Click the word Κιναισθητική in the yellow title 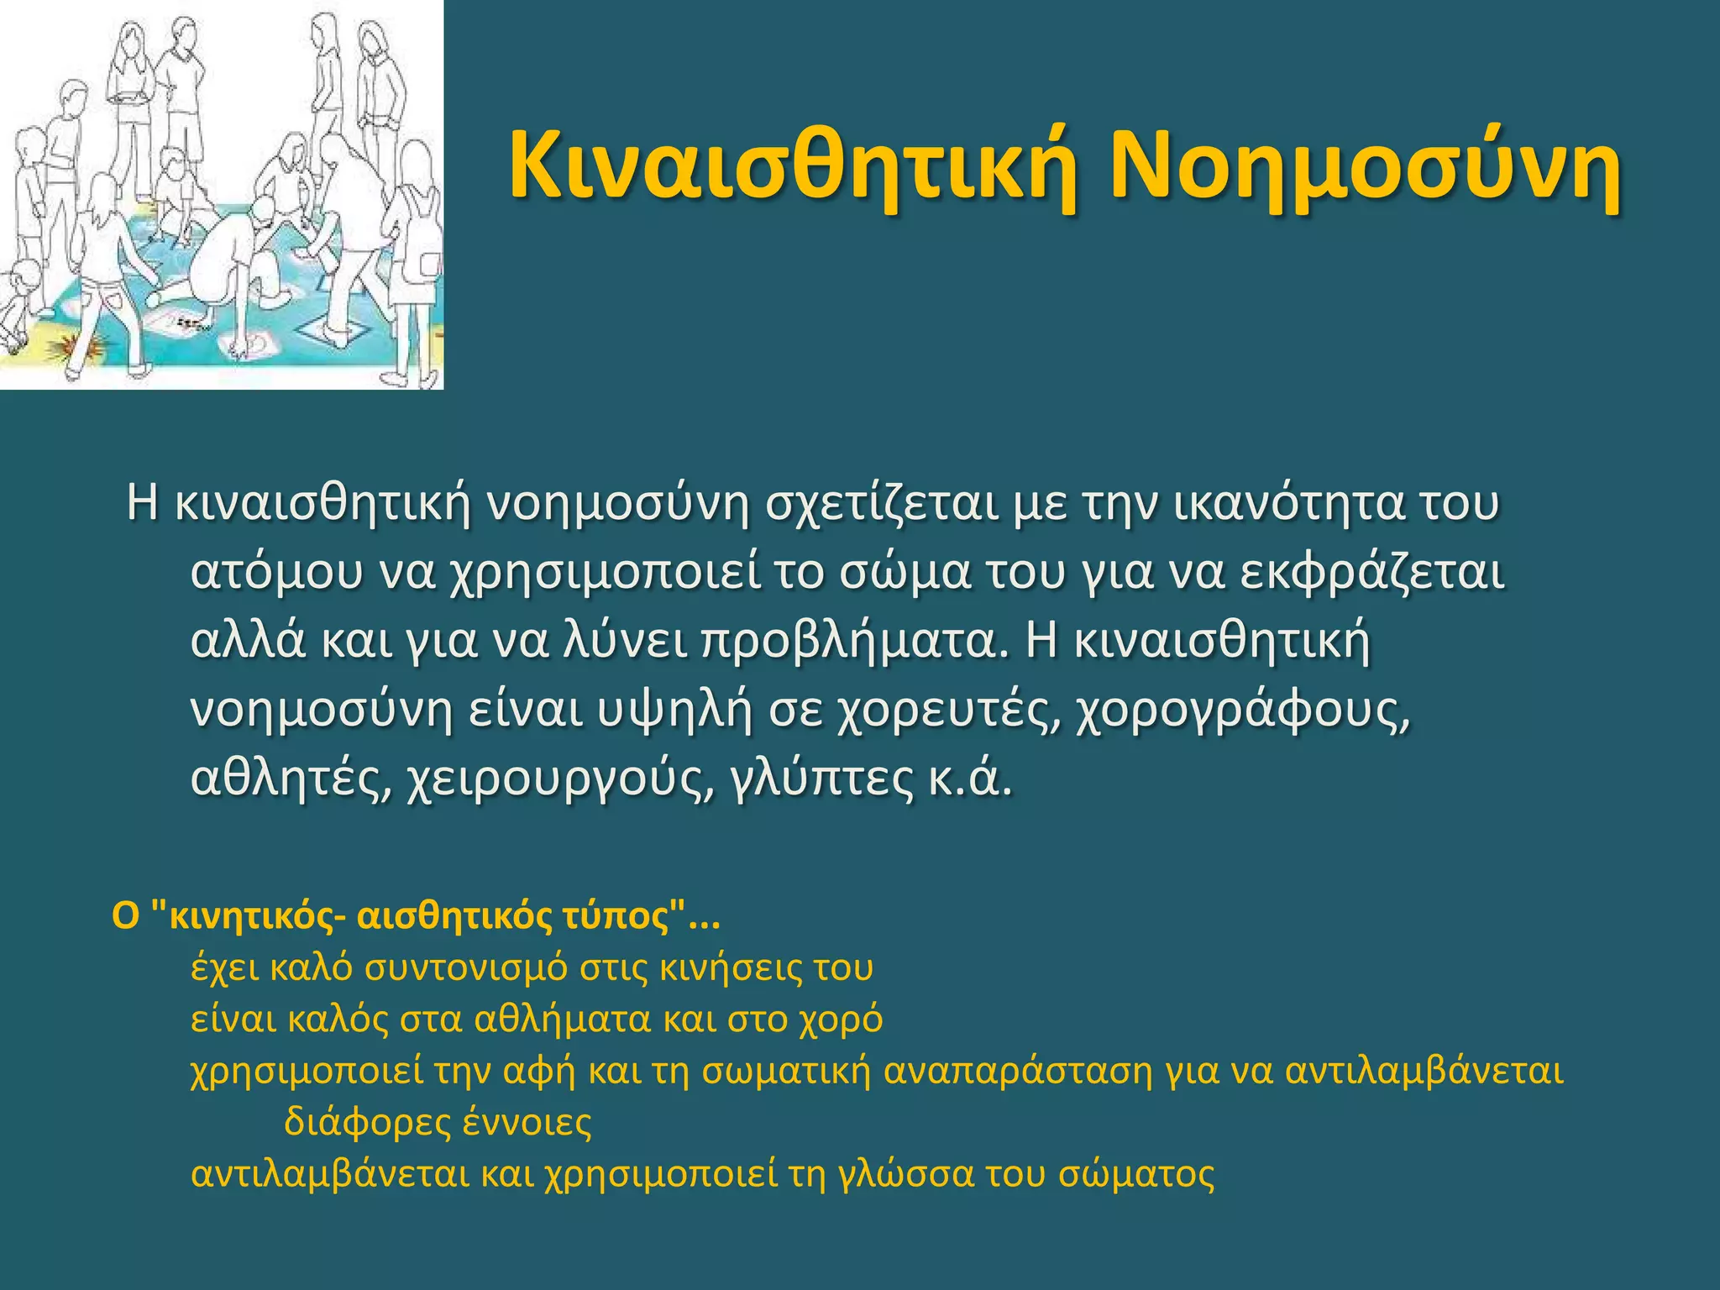pyautogui.click(x=794, y=165)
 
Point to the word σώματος pyautogui.click(x=1136, y=1174)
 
